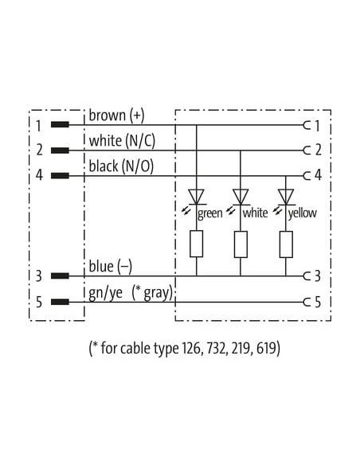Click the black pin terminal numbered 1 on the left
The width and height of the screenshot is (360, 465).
[60, 124]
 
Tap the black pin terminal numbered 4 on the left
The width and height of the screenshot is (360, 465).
[60, 176]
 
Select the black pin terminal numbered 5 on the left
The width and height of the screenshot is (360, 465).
[60, 303]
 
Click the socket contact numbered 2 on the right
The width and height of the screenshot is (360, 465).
[307, 150]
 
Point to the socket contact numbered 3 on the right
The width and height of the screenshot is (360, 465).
[307, 276]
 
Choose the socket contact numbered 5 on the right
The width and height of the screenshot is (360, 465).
[307, 303]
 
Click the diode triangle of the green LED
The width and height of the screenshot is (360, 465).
[196, 197]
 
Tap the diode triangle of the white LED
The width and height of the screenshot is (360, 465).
[241, 197]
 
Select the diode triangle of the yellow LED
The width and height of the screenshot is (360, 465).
[286, 197]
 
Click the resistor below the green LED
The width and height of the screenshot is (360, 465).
[196, 244]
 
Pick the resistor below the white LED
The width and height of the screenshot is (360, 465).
[241, 244]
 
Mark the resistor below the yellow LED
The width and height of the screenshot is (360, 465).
[286, 244]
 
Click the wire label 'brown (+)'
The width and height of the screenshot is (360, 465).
[116, 115]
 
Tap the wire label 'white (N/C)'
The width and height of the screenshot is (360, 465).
[122, 141]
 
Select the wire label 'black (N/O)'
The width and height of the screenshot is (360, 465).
[121, 166]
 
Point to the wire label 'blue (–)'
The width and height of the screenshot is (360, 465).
[111, 266]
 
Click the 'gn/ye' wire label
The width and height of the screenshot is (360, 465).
[105, 293]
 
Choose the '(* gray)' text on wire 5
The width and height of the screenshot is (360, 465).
[152, 293]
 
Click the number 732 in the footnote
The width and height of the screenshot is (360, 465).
[216, 348]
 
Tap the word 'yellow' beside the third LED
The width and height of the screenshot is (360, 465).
[302, 213]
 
